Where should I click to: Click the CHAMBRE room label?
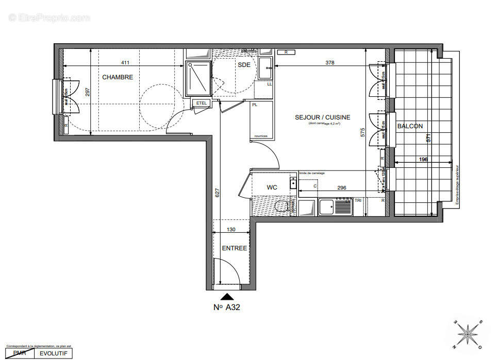[x=118, y=77]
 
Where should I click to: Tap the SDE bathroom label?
[x=244, y=64]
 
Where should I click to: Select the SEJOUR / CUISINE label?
[x=322, y=117]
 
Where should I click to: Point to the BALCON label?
[x=410, y=126]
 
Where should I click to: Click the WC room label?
[x=272, y=187]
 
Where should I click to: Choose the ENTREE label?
[x=234, y=248]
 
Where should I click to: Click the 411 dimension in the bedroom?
[x=125, y=63]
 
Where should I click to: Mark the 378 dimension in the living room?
[x=330, y=63]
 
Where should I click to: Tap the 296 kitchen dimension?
[x=341, y=188]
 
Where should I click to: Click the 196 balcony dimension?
[x=423, y=160]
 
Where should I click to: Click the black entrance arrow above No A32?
[x=226, y=296]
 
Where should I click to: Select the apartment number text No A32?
[x=227, y=307]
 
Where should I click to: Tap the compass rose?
[x=468, y=333]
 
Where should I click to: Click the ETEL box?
[x=201, y=104]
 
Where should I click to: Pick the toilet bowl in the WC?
[x=281, y=207]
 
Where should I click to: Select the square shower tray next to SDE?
[x=198, y=78]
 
